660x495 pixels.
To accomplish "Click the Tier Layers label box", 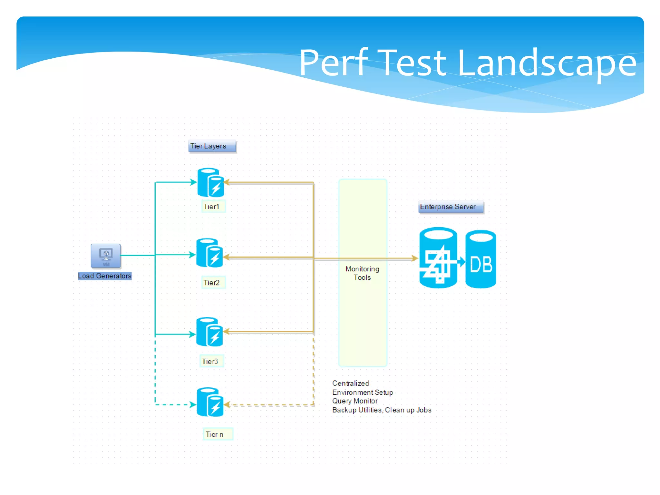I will click(212, 146).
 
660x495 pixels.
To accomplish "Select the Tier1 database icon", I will click(210, 182).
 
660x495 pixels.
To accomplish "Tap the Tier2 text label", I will click(212, 283).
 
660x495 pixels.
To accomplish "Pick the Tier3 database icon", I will click(209, 332).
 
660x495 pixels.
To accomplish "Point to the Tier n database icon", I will click(210, 402).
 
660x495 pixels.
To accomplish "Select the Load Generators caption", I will click(105, 276).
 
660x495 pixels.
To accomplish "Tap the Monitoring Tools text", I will click(362, 273).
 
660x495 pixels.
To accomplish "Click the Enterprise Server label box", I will click(451, 207).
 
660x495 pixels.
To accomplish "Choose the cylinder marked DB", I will click(480, 259).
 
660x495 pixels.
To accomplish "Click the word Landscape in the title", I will click(546, 63).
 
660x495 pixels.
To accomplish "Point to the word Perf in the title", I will click(334, 63).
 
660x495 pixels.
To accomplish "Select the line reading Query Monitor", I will click(355, 401).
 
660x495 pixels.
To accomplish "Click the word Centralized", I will click(351, 383).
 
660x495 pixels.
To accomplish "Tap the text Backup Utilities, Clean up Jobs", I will click(382, 410).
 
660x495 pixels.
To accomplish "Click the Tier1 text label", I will click(212, 207).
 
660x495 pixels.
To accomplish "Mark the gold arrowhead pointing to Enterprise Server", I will click(415, 258).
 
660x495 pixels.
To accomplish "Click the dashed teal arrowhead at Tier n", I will click(193, 404).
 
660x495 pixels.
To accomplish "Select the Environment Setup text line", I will click(363, 392).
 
